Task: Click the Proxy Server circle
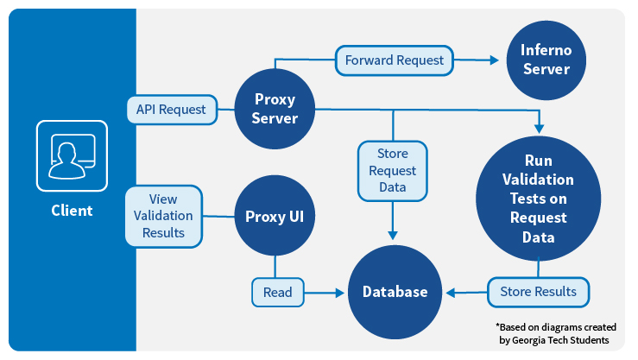[275, 109]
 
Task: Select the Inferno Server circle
[546, 60]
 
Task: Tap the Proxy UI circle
[275, 216]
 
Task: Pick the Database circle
[395, 292]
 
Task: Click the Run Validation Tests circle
[539, 198]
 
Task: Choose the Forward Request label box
[395, 60]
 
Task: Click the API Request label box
[172, 110]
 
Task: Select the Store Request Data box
[393, 171]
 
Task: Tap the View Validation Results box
[163, 216]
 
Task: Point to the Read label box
[278, 292]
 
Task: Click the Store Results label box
[539, 292]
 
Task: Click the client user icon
[72, 155]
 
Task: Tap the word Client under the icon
[72, 211]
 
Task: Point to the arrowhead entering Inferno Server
[495, 60]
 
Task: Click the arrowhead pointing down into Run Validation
[539, 129]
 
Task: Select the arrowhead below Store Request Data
[393, 235]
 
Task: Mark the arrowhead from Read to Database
[340, 293]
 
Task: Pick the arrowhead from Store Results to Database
[451, 293]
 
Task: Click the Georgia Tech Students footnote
[555, 333]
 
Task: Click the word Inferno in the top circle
[546, 50]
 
